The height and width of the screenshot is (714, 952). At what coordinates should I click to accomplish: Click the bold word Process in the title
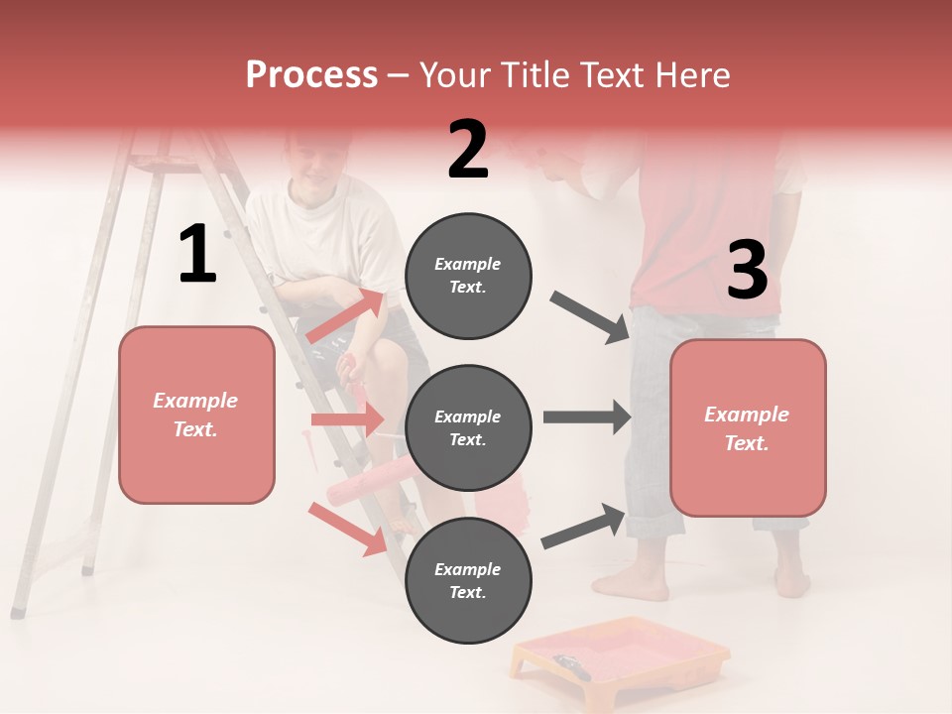pos(311,75)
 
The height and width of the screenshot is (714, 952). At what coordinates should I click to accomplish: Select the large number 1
pos(197,255)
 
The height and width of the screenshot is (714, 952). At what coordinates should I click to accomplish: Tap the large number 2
pos(467,150)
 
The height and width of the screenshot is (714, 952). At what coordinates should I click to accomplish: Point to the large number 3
pos(747,271)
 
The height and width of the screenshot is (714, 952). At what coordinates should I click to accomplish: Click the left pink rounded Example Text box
pos(196,415)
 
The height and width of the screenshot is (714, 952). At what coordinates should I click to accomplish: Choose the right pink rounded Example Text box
pos(748,427)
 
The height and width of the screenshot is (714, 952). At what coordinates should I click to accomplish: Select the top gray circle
pos(468,276)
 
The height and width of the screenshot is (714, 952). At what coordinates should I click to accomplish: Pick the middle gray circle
pos(468,427)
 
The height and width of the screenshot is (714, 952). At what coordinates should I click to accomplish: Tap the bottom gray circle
pos(468,580)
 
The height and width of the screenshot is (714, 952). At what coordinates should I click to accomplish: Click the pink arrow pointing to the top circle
pos(347,315)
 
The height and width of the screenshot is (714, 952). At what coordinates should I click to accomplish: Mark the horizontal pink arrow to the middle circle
pos(347,419)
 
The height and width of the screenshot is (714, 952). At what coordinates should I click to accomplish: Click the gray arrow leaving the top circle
pos(590,317)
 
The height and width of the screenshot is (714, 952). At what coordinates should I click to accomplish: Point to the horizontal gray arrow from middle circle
pos(587,416)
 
